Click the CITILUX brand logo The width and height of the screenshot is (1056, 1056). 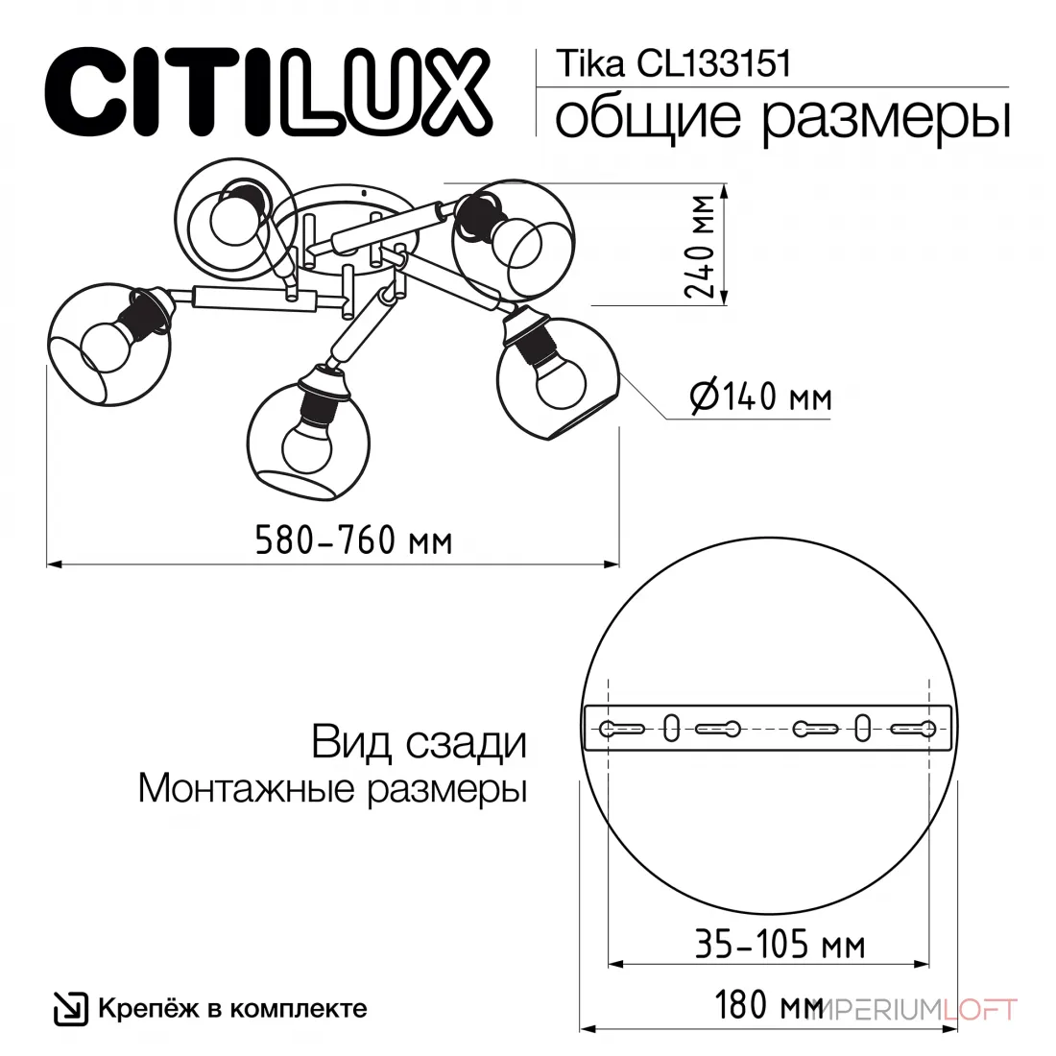coord(268,92)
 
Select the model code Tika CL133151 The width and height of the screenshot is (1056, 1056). coord(673,64)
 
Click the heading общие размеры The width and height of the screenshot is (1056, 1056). coord(781,118)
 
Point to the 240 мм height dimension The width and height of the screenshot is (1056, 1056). coord(699,246)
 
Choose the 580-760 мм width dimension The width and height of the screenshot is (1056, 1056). coord(353,540)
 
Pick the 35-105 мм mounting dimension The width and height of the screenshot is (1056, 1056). coord(780,944)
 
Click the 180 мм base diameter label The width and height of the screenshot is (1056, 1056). coord(768,1005)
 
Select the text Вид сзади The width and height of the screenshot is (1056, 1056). coord(419,743)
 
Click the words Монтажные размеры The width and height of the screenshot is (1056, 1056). coord(333,788)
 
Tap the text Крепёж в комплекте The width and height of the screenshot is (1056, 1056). coord(233,1008)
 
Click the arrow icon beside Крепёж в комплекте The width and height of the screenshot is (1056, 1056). coord(71,1009)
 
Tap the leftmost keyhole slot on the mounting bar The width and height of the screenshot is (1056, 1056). coord(622,729)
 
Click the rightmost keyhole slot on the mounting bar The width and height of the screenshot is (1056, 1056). coord(914,729)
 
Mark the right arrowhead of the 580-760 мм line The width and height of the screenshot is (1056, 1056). coord(612,563)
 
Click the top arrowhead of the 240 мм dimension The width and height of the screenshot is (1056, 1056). coord(724,191)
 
